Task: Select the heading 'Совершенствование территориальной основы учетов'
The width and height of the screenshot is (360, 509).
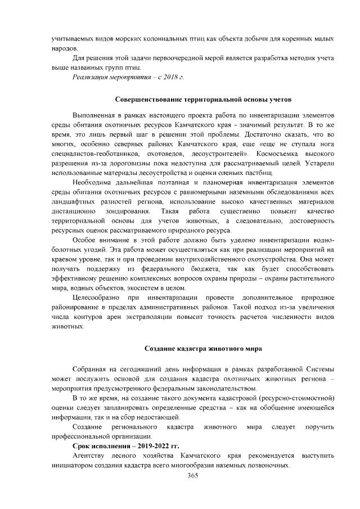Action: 195,99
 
